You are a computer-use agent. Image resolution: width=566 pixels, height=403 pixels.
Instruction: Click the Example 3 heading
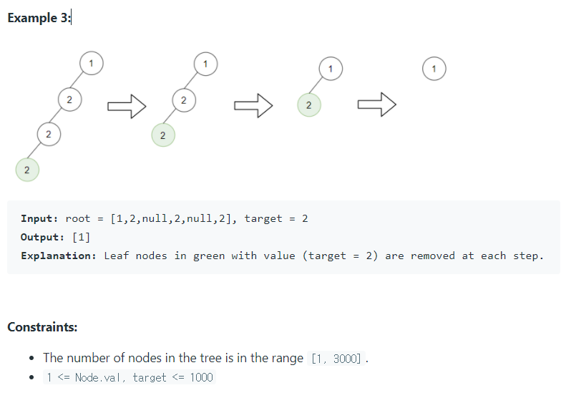pos(39,19)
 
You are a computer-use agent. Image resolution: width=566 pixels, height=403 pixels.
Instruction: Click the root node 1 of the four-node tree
pos(90,63)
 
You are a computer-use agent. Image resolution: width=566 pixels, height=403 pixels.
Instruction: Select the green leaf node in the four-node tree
pos(26,170)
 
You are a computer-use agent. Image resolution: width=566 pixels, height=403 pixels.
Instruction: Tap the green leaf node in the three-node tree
pos(162,135)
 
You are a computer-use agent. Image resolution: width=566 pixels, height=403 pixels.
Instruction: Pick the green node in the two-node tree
pos(308,105)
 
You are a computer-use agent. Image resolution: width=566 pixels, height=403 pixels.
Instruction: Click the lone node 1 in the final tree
pos(434,69)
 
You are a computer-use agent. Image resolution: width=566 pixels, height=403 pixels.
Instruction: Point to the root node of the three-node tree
pos(205,63)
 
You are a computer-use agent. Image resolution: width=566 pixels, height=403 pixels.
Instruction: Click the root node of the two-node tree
pos(330,69)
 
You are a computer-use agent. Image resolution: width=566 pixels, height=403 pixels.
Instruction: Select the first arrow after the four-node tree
pos(127,107)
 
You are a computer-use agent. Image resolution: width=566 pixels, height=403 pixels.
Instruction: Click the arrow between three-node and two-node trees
pos(253,107)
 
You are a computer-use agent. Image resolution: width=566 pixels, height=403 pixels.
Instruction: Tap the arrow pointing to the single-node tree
pos(376,105)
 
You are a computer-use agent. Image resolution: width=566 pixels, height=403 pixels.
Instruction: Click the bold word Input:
pos(40,219)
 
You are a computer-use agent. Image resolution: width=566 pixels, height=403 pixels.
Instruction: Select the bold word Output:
pos(43,237)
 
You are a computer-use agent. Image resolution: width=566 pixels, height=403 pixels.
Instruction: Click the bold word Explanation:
pos(58,256)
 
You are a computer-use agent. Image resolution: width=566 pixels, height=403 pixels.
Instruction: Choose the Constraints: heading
pos(42,327)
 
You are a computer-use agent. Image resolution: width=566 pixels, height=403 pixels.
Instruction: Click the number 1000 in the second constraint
pos(201,377)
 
